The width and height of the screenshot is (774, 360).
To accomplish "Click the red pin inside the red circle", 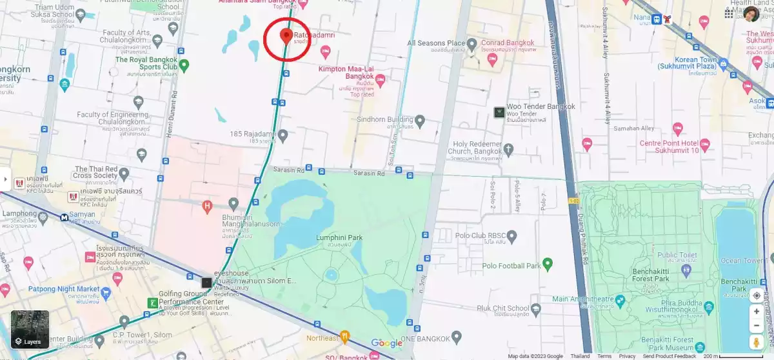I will coord(286,35).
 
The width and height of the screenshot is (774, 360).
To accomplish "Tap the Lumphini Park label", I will coord(339,238).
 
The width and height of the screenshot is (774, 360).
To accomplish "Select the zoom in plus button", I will coord(757,312).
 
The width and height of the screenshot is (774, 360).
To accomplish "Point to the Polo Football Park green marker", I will coord(548,263).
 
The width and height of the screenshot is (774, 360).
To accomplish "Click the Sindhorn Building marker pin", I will coord(420,120).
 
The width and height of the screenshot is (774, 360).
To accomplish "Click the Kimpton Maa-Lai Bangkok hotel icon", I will coord(380,81).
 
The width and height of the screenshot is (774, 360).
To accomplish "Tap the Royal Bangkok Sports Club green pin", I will coord(184,64).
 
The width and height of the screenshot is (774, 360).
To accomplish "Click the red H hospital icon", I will coord(207,206).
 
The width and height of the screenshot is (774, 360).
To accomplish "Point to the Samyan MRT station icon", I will coord(65,217).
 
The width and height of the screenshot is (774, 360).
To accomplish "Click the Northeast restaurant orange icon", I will coord(345,336).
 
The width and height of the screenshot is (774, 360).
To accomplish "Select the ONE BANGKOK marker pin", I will coord(457,337).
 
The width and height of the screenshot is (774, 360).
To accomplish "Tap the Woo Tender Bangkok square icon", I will coord(499,112).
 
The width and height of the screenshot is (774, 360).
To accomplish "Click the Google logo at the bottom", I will coord(386,343).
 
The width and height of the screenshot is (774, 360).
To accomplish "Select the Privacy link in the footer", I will coord(627,356).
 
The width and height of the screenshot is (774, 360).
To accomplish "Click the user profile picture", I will coord(751,14).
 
